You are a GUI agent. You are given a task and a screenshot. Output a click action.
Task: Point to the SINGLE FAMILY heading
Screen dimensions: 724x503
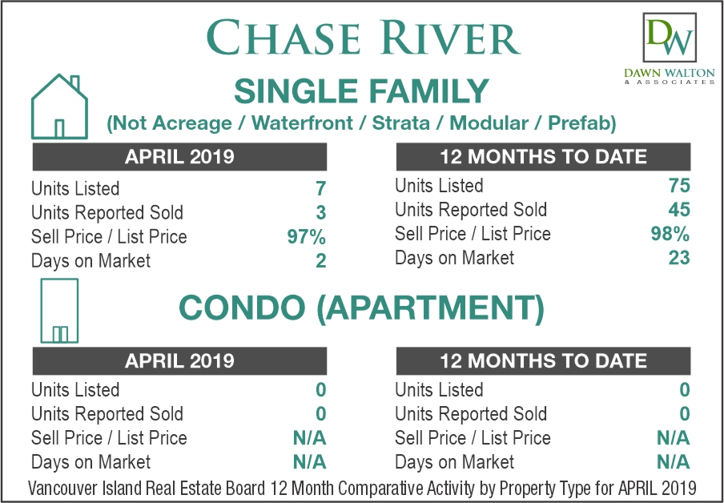coord(361,91)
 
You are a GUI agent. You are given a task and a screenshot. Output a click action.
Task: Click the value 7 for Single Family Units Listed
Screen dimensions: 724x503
coord(320,188)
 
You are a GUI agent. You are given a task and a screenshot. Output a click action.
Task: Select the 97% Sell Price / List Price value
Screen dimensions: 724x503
coord(307,237)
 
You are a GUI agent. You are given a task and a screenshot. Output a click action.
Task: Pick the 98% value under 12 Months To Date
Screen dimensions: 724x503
coord(670,234)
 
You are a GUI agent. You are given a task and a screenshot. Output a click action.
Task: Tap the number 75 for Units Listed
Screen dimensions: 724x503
coord(679,186)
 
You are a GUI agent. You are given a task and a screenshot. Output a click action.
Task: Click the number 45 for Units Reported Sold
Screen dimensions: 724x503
coord(679,210)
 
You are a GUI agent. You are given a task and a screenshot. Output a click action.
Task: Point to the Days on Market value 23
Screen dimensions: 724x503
coord(679,258)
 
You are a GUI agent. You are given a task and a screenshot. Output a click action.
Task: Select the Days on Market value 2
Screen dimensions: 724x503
coord(321,261)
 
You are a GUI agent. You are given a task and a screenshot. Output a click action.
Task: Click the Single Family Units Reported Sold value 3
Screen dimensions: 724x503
coord(321,213)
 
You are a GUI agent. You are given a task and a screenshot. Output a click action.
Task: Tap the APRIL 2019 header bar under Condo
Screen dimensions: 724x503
coord(179,360)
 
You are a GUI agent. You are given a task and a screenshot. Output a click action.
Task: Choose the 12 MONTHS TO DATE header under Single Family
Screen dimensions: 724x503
coord(544,156)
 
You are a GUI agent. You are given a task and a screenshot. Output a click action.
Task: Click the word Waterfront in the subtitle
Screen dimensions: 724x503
coord(303,123)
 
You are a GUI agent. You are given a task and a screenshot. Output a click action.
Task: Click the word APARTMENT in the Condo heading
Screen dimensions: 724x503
coord(430,308)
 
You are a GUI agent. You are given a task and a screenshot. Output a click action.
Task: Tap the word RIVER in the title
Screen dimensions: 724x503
coord(442,38)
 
